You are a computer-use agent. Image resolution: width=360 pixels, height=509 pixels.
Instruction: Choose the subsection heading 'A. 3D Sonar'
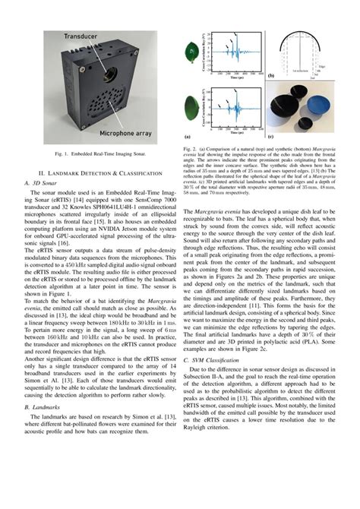(x=40, y=183)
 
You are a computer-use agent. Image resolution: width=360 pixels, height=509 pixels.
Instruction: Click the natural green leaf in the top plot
(x=190, y=55)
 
